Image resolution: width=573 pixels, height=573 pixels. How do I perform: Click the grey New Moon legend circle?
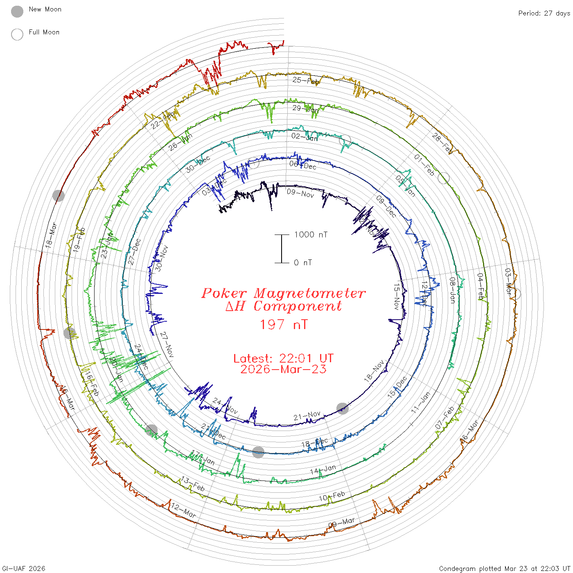click(17, 12)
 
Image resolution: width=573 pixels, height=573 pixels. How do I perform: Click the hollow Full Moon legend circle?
click(17, 34)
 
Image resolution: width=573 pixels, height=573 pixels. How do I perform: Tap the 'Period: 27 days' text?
click(544, 14)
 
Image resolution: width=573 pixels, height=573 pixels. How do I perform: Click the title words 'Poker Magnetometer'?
click(283, 293)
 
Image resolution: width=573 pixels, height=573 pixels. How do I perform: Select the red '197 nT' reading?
click(283, 325)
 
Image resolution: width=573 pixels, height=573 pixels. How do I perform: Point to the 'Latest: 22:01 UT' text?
click(283, 359)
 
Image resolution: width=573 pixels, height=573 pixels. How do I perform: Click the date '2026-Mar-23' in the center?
click(283, 369)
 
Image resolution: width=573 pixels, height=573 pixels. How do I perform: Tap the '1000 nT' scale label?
click(311, 235)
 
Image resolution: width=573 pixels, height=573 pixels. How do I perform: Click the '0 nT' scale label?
click(303, 263)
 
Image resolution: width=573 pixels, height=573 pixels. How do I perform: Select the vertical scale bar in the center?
click(282, 248)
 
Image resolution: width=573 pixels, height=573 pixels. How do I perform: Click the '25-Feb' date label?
click(306, 81)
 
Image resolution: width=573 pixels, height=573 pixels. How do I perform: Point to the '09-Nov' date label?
click(300, 193)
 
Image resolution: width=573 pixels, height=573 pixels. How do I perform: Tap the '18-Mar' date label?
click(51, 235)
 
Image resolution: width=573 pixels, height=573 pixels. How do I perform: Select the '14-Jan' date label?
click(323, 469)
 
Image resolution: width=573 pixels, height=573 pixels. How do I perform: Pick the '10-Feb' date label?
click(332, 496)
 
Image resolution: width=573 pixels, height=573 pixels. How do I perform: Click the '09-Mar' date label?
click(341, 523)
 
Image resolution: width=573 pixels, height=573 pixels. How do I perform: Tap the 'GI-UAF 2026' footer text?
click(24, 568)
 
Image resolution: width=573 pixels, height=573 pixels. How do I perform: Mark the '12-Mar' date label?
click(183, 510)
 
